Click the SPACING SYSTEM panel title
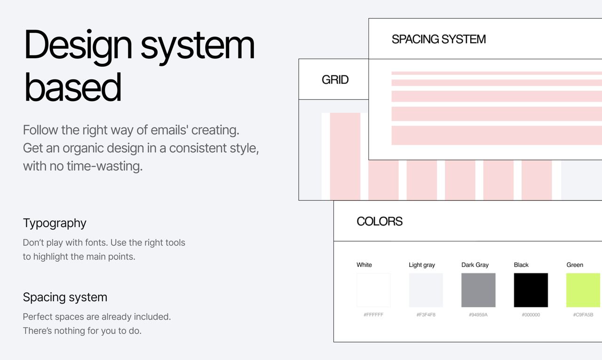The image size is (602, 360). click(439, 39)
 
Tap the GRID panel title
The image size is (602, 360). click(335, 79)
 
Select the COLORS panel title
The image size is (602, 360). click(380, 221)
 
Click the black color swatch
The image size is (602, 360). click(531, 290)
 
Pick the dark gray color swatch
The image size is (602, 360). click(478, 290)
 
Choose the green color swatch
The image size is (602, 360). click(583, 290)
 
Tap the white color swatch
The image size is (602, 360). click(373, 290)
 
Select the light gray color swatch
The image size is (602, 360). click(426, 290)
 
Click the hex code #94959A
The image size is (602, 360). click(478, 314)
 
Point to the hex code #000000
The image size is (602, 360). click(531, 314)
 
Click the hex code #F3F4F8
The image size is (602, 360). click(426, 314)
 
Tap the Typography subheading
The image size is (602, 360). click(55, 223)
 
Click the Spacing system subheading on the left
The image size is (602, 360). click(65, 297)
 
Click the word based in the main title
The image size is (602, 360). click(73, 87)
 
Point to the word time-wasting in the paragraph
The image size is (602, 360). click(104, 166)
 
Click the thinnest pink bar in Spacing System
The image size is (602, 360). click(497, 73)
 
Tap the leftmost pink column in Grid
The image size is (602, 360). click(345, 157)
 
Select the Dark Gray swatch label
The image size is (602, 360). click(475, 265)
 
